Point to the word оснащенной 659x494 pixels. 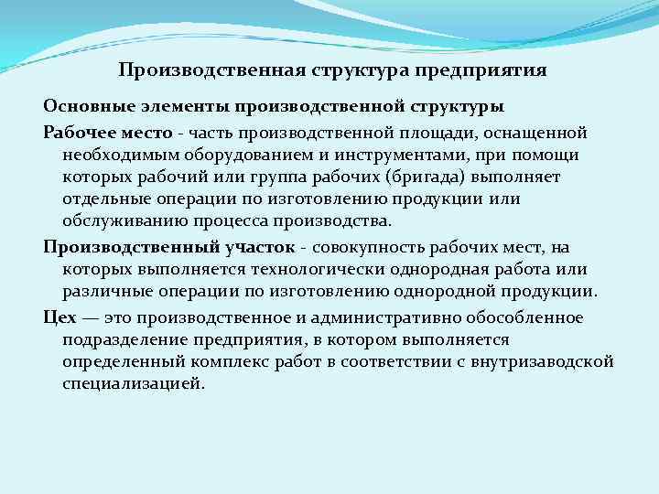[535, 132]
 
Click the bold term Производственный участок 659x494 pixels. [169, 248]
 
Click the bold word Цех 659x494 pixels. [57, 318]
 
